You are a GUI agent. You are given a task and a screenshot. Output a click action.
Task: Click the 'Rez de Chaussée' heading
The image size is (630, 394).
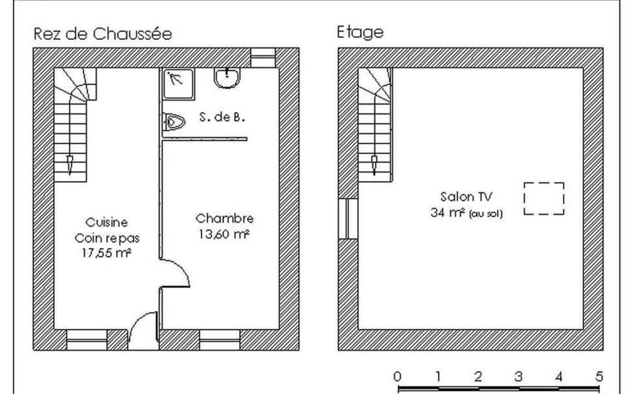point(102,34)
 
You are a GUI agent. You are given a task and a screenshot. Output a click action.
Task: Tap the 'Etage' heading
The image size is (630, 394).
point(360,32)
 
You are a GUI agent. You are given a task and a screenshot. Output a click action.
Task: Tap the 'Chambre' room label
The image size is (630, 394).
point(225,219)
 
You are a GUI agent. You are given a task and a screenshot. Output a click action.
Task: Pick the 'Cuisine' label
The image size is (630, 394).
point(107,222)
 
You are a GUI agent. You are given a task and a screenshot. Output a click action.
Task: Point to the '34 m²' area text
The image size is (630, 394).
point(444,213)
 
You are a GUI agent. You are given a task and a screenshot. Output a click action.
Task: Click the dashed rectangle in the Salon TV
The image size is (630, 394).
point(544,199)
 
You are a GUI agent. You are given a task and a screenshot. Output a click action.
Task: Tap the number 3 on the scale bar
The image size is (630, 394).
point(518,376)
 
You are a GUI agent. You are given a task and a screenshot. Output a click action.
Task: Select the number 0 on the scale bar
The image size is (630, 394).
point(398,376)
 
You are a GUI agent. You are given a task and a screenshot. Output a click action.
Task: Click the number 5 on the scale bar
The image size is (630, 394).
point(599,376)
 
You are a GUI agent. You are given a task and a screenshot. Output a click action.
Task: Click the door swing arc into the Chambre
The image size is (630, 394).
point(178,272)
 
